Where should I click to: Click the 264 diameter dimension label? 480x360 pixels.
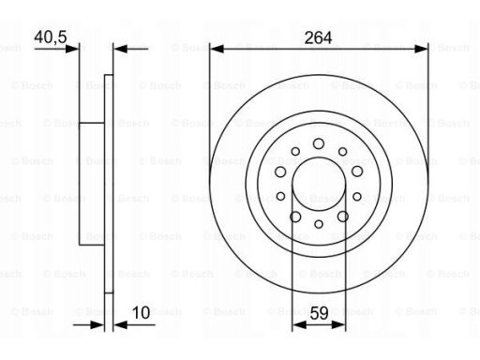[x=318, y=37]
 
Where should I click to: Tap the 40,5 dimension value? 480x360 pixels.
[x=51, y=37]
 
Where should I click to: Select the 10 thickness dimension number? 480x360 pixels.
[x=141, y=313]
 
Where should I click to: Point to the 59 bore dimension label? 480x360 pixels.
[x=319, y=313]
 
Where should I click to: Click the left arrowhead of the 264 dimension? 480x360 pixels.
[x=217, y=49]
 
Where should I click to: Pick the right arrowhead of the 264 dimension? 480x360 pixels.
[x=421, y=49]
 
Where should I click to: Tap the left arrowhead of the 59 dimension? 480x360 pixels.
[x=299, y=325]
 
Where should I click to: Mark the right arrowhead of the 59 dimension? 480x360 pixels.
[x=338, y=325]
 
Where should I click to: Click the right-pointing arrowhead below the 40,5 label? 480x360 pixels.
[x=72, y=49]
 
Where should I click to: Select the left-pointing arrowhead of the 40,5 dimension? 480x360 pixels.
[x=120, y=49]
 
